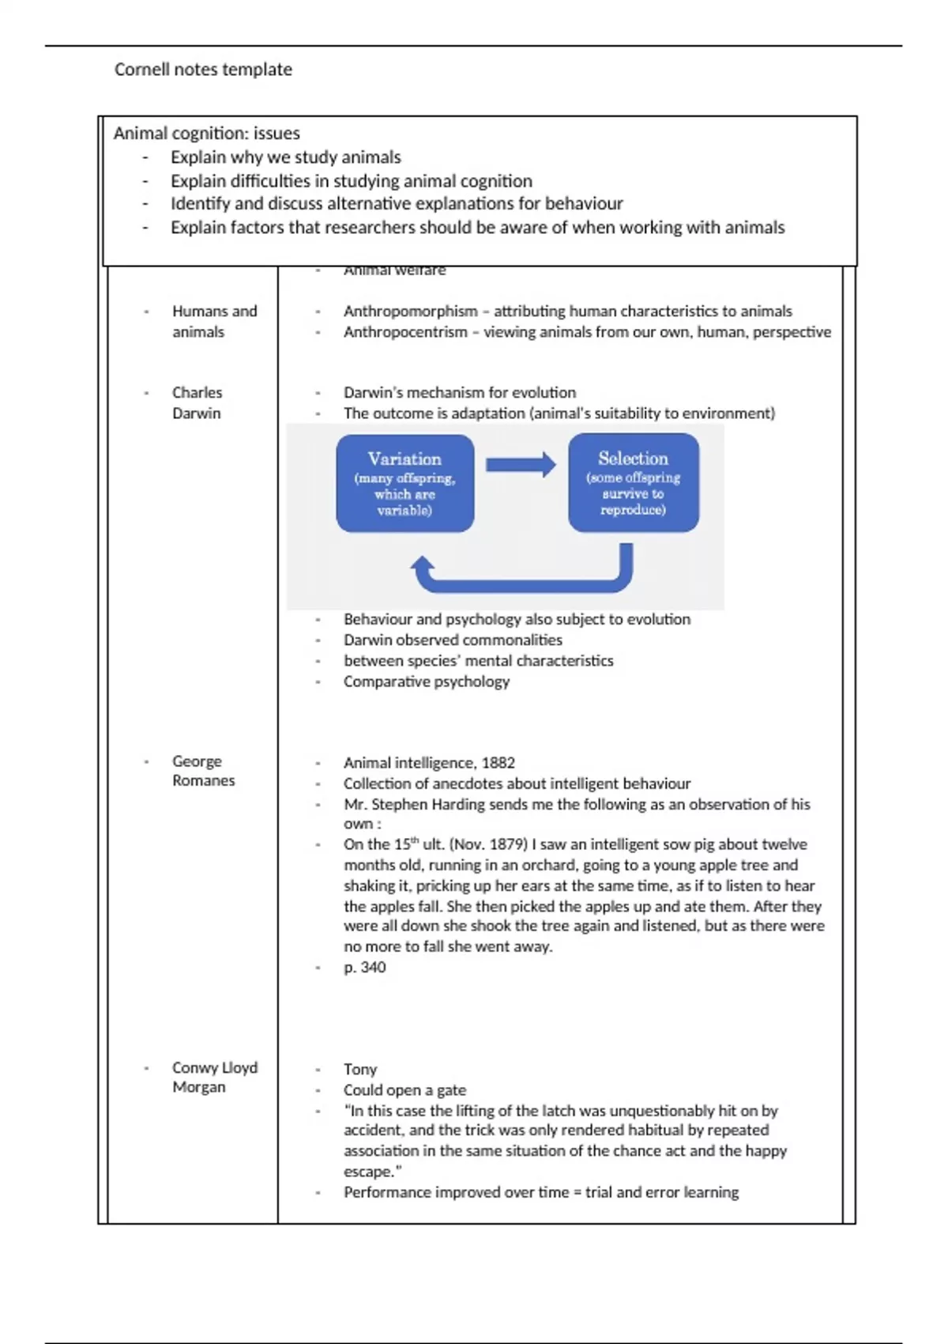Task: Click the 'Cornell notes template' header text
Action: [203, 70]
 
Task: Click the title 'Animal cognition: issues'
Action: [206, 133]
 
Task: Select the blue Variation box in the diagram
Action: [405, 483]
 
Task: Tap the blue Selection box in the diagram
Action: [634, 482]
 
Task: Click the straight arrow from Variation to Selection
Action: [521, 464]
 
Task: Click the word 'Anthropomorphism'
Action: [410, 311]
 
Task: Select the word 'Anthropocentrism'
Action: [405, 332]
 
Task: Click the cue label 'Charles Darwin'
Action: [197, 402]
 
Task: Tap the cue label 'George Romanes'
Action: [203, 771]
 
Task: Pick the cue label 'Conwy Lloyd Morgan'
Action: [214, 1077]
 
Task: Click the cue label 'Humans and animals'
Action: [214, 321]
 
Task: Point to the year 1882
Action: [498, 763]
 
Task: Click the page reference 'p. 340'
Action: [364, 967]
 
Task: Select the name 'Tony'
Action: [360, 1069]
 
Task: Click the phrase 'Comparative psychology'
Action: [426, 681]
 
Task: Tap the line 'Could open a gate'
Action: [404, 1089]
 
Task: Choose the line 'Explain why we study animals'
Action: [285, 157]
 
